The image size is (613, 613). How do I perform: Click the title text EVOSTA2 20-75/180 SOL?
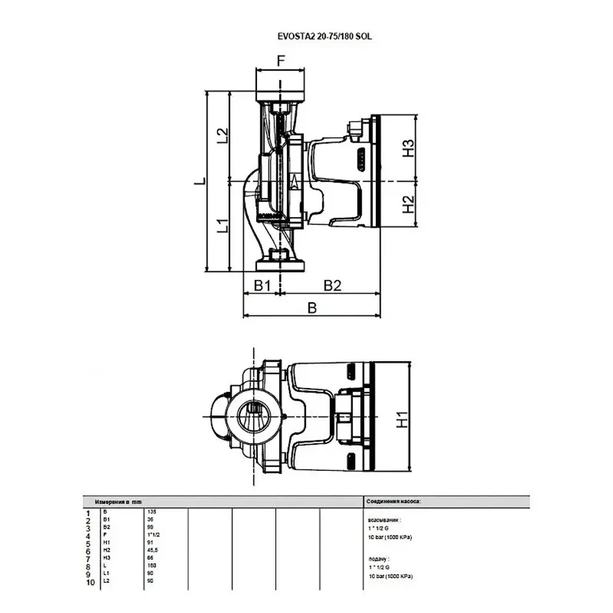(x=325, y=36)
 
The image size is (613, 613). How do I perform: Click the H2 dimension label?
(x=408, y=204)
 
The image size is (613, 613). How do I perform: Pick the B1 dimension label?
(x=262, y=285)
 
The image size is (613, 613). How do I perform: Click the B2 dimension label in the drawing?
(x=332, y=285)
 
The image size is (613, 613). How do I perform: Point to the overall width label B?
(x=312, y=308)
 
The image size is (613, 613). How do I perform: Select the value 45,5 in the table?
(x=153, y=550)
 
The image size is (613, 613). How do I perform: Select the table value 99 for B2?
(x=150, y=527)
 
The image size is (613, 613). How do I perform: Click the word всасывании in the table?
(x=384, y=519)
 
